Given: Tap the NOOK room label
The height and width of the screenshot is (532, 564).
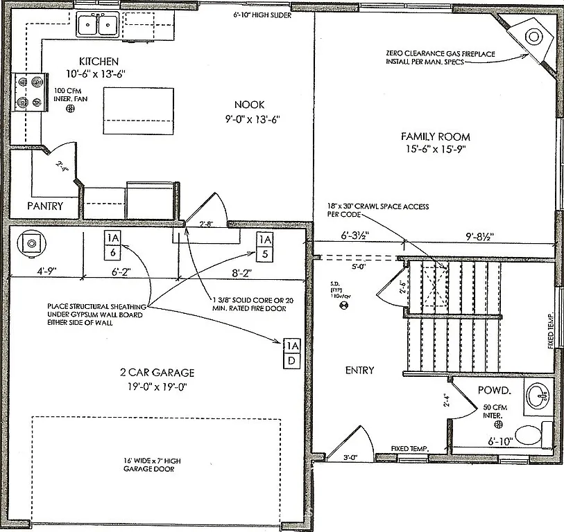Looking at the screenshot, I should [x=250, y=105].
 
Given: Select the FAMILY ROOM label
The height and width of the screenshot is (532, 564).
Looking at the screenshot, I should [x=436, y=136].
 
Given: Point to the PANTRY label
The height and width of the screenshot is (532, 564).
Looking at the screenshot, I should [x=45, y=206].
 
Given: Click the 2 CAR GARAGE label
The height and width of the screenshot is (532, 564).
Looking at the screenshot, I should [x=155, y=373].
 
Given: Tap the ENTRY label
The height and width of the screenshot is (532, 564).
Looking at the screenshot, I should [x=359, y=371].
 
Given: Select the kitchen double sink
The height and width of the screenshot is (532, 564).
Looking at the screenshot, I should [x=98, y=26].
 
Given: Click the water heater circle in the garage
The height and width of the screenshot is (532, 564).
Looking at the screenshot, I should [x=31, y=242].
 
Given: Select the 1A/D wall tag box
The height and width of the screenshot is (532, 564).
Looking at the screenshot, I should [x=292, y=353].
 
